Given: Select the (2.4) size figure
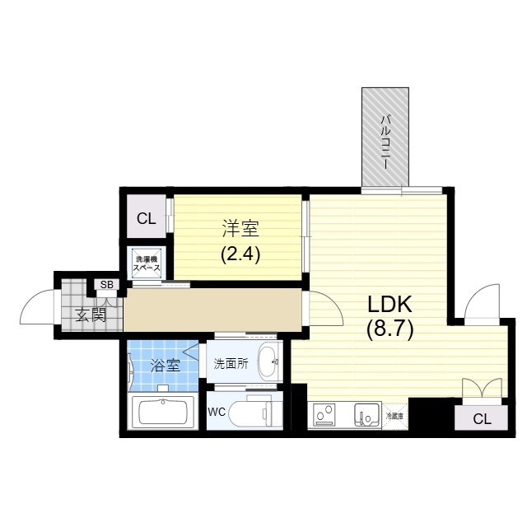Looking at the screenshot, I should tap(240, 254).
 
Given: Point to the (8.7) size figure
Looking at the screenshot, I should tap(389, 329).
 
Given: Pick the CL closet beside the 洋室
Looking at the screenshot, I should tap(147, 218).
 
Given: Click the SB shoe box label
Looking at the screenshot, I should tap(107, 285).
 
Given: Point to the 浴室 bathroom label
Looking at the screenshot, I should tap(166, 365).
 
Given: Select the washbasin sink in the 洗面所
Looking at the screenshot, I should tap(267, 361).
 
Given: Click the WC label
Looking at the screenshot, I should tap(217, 411).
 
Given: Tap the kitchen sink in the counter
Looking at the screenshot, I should tap(365, 414).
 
